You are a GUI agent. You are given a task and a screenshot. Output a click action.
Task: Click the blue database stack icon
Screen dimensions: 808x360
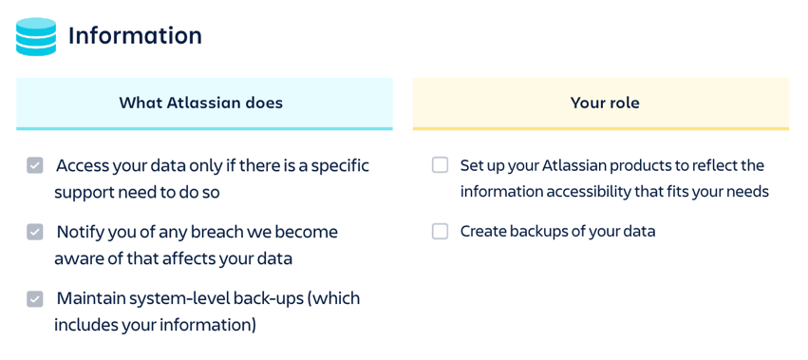(36, 37)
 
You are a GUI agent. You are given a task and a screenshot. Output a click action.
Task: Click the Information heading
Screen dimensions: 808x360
(135, 36)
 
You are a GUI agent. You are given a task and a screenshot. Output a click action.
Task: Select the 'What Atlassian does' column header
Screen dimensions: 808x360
(201, 103)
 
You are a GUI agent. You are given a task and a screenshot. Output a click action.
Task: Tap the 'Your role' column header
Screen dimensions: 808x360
(605, 103)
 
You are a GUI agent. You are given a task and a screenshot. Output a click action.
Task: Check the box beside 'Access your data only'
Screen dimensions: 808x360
(35, 166)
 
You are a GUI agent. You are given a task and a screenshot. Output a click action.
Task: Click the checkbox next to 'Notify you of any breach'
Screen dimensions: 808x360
(35, 232)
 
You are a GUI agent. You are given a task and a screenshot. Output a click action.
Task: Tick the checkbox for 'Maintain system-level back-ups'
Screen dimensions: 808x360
(35, 298)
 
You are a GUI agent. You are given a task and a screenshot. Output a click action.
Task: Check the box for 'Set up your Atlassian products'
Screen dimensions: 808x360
(440, 165)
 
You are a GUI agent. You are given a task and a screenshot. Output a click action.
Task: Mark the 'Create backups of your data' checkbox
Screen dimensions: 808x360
(440, 232)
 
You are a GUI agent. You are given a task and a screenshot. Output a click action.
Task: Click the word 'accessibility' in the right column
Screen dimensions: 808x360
(589, 192)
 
